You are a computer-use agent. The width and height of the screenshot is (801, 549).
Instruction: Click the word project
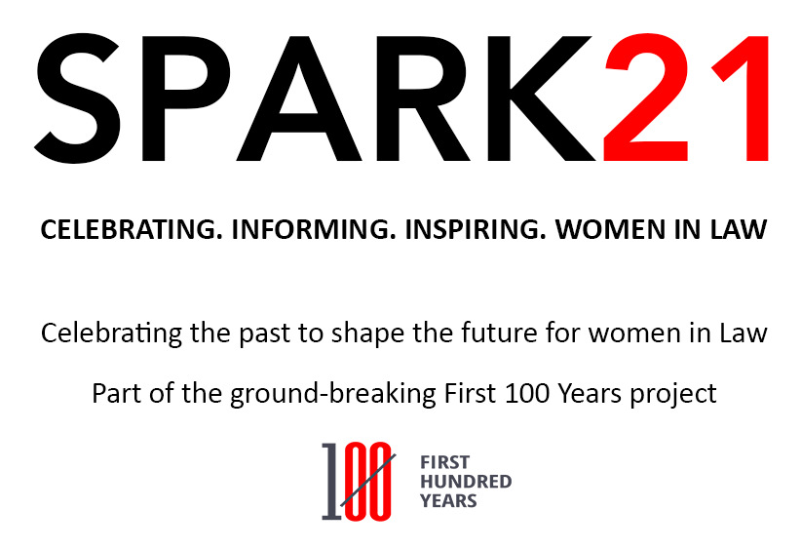678,394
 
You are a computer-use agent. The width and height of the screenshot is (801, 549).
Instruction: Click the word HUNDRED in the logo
465,482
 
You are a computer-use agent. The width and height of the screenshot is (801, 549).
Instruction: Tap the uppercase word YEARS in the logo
448,500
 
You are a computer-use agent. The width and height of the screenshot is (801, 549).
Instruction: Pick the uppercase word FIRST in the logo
444,463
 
